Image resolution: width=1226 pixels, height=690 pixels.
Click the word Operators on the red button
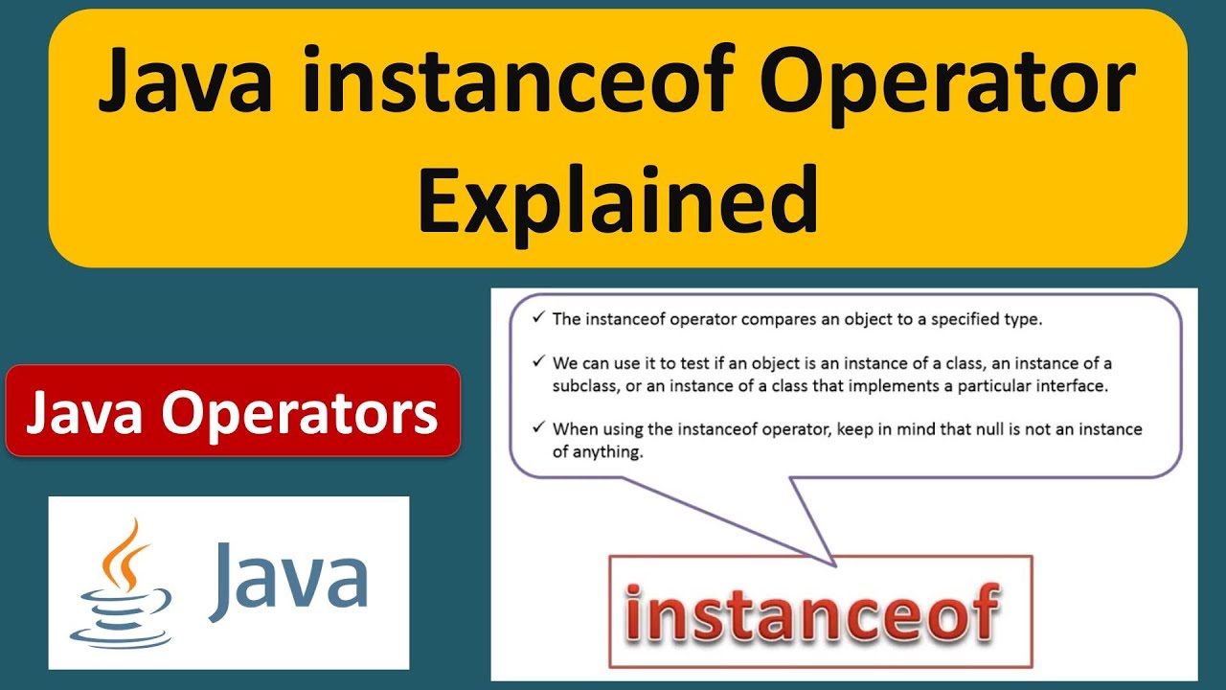click(299, 413)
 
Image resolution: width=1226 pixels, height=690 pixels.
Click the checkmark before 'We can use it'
click(538, 363)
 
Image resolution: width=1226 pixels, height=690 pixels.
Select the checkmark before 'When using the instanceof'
click(538, 428)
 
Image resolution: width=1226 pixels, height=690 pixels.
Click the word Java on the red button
click(85, 413)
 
